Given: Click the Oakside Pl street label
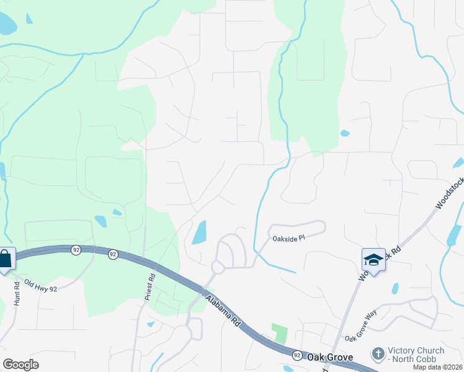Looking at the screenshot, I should tap(288, 238).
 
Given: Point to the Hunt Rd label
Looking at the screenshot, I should tap(17, 293).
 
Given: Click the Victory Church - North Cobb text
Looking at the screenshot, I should tap(412, 355).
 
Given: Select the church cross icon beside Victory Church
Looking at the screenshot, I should tap(378, 354).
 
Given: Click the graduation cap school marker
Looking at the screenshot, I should tap(374, 260).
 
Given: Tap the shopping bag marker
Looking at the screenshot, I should tap(5, 259).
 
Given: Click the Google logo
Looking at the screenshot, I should tap(20, 365).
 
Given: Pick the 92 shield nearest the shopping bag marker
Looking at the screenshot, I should tap(76, 250).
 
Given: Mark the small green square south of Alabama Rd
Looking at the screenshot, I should tap(280, 334).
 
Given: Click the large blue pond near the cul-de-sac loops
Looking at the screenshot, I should tap(199, 232).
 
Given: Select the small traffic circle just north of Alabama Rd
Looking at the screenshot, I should tap(218, 267).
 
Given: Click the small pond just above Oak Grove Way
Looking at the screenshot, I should tap(395, 288).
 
